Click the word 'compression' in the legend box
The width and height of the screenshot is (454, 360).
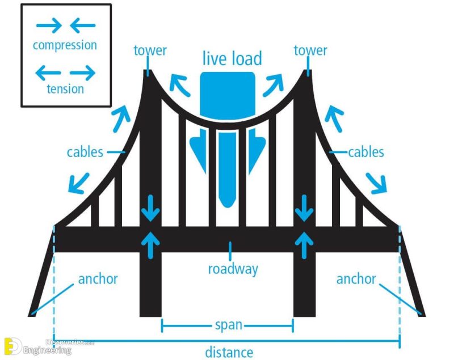pos(65,45)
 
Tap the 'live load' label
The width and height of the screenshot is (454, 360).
pos(232,58)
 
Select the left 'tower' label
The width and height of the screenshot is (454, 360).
pos(150,50)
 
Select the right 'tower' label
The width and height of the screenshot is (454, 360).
pos(310,50)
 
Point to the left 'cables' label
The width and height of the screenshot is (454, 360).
pos(85,152)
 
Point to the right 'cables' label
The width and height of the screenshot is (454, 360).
pos(366,152)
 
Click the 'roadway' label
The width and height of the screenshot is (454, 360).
pos(233,268)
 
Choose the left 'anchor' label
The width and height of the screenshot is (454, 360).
pos(98,279)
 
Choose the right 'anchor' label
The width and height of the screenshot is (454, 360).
pos(356,279)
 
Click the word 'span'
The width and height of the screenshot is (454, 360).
pos(228,325)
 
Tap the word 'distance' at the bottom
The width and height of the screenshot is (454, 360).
pos(229,352)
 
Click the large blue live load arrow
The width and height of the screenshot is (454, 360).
pos(228,142)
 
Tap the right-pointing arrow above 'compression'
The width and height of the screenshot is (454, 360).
pos(49,26)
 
